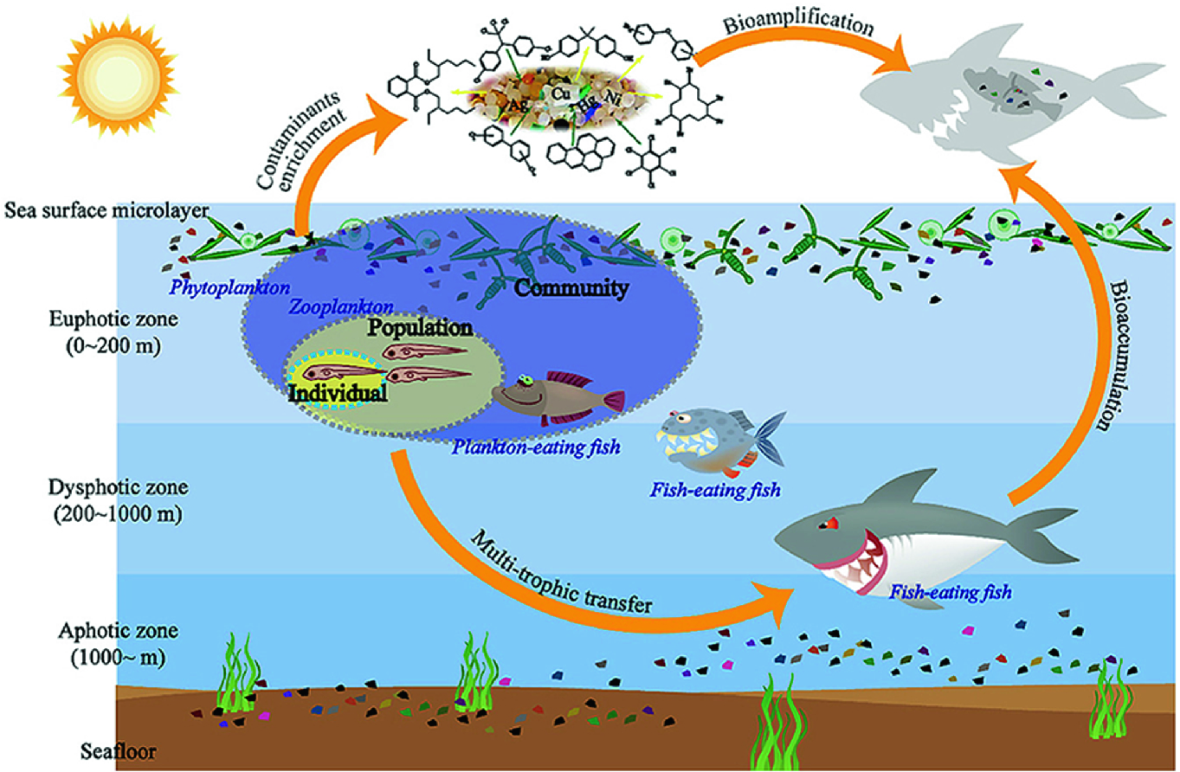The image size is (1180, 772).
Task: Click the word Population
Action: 420,328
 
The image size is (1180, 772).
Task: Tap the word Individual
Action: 337,392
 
